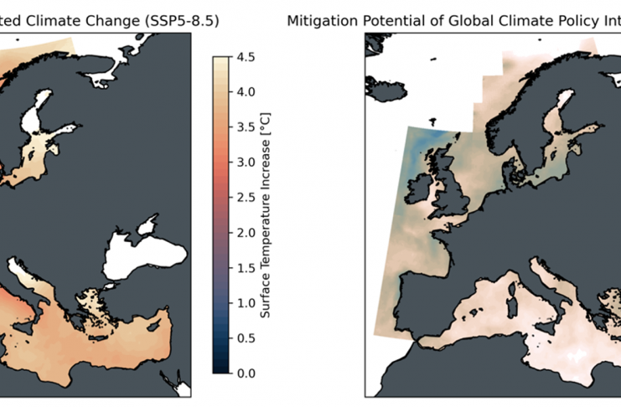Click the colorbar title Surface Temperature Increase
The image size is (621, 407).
pos(265,214)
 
